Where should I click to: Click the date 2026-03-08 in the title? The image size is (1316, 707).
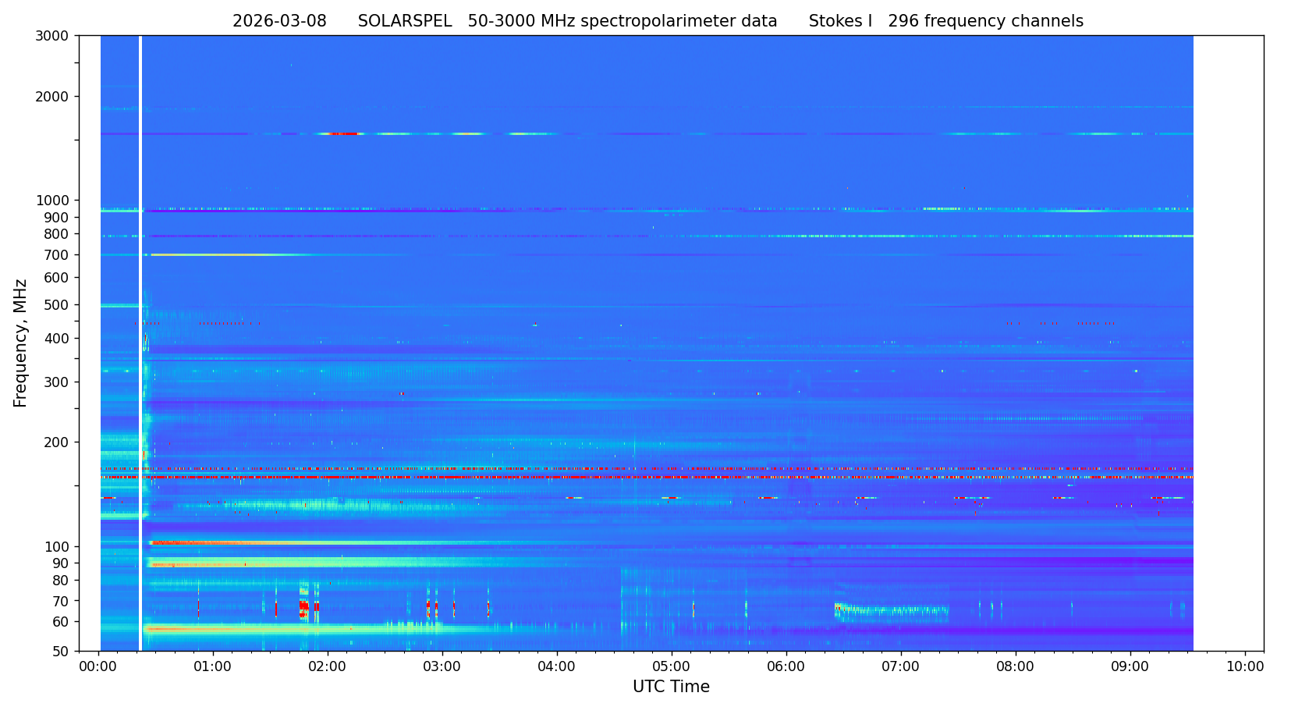click(279, 22)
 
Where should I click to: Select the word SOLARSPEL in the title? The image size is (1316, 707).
click(405, 22)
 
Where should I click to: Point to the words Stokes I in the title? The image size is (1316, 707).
click(840, 22)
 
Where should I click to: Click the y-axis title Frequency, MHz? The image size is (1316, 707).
click(21, 343)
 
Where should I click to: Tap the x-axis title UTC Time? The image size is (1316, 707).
click(671, 687)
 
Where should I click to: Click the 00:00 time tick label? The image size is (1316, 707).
click(98, 667)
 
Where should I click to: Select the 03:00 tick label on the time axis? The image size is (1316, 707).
click(442, 667)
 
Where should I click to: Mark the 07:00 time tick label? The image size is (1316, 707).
click(901, 667)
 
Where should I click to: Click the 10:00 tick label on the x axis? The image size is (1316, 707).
click(1245, 667)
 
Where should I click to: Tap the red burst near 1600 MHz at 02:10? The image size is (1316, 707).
click(342, 134)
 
